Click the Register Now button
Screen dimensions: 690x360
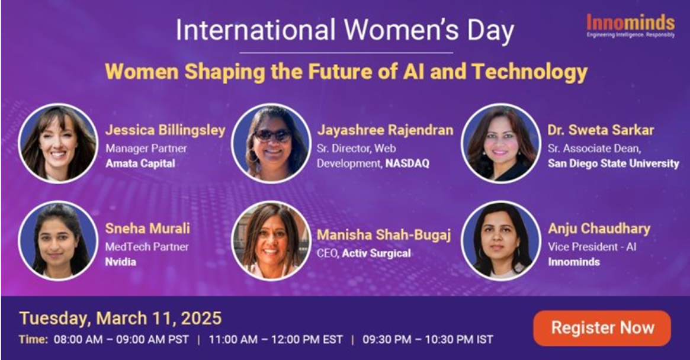pos(602,328)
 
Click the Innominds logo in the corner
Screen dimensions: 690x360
pos(630,26)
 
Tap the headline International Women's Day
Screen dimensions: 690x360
pos(345,30)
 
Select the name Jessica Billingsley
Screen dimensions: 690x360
pos(165,130)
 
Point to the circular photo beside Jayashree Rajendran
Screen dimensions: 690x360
pos(271,143)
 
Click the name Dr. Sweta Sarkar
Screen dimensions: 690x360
pos(601,130)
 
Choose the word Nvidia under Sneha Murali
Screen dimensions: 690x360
pos(121,262)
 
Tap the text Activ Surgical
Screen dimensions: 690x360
pos(377,253)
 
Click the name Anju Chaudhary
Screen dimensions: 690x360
pos(599,229)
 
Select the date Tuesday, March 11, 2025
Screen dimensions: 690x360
pos(121,318)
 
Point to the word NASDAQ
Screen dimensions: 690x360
pos(407,163)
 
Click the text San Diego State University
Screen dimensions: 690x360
pos(614,163)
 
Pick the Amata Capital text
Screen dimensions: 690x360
pos(140,163)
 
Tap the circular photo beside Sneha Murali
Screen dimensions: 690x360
pos(57,241)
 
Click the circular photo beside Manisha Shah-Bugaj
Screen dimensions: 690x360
pos(271,241)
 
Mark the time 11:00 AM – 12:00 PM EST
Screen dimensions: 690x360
pos(276,340)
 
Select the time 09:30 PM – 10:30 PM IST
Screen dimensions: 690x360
pos(428,340)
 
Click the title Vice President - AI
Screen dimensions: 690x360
pos(592,247)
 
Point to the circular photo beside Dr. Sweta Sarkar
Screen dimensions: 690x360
pos(501,143)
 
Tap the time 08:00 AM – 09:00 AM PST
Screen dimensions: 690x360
pos(121,340)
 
